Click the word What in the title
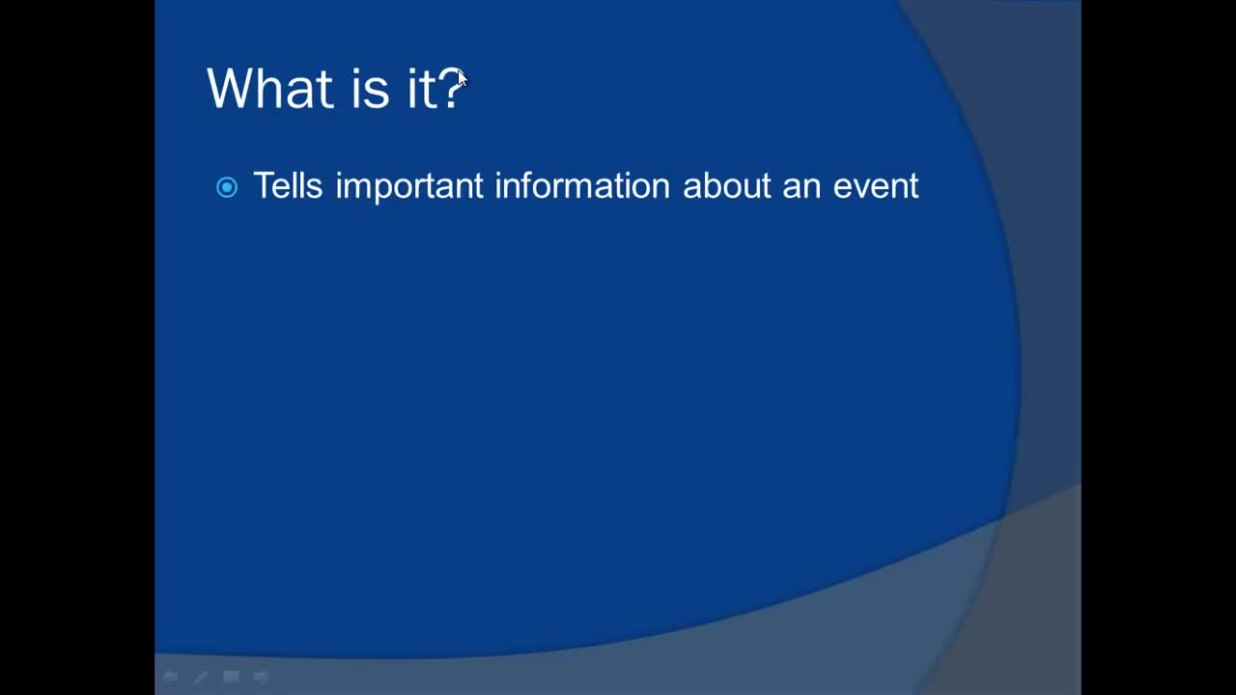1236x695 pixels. coord(270,88)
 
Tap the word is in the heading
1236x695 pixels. coord(370,88)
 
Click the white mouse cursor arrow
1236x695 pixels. coord(462,78)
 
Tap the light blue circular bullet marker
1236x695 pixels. coord(227,187)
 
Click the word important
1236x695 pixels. coord(409,186)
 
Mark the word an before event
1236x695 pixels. coord(801,188)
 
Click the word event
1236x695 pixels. coord(876,186)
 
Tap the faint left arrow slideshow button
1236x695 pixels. coord(171,677)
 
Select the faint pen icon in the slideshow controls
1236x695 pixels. coord(201,677)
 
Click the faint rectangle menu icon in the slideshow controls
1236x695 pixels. coord(231,677)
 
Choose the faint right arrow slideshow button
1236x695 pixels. coord(261,677)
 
